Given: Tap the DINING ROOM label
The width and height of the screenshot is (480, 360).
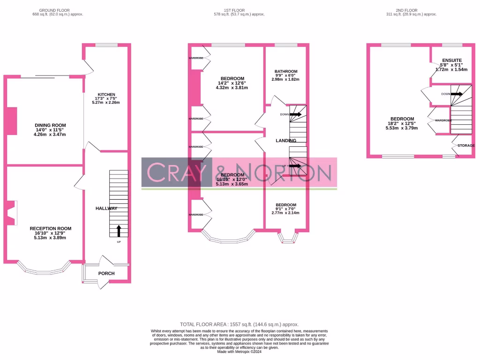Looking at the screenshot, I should [x=50, y=125].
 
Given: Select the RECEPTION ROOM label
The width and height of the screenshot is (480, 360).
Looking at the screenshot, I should [x=50, y=228].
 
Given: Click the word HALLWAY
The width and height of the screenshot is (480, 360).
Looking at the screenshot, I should [x=106, y=208].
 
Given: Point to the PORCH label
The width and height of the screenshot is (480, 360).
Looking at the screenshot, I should [x=106, y=273].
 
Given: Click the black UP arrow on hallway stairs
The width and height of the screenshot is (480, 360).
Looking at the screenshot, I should [x=118, y=231].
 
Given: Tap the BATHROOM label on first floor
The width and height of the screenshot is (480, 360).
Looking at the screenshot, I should [x=285, y=71].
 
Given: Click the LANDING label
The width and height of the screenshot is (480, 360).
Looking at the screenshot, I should [x=286, y=141].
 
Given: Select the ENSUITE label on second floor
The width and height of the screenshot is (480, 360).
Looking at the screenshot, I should [x=452, y=60].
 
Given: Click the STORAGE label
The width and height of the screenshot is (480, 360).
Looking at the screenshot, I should [x=466, y=146].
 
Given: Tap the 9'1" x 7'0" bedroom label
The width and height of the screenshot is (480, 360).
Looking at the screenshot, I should [x=285, y=205].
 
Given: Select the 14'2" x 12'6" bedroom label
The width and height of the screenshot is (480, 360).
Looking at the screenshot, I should [x=232, y=78].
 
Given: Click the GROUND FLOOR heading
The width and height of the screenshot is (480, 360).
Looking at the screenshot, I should [x=55, y=10].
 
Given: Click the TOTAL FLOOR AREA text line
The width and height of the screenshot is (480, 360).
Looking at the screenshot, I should [x=239, y=324].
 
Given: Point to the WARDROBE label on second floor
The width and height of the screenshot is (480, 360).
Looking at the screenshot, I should [x=443, y=120].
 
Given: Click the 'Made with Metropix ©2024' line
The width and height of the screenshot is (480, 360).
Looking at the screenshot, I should [x=239, y=352].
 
